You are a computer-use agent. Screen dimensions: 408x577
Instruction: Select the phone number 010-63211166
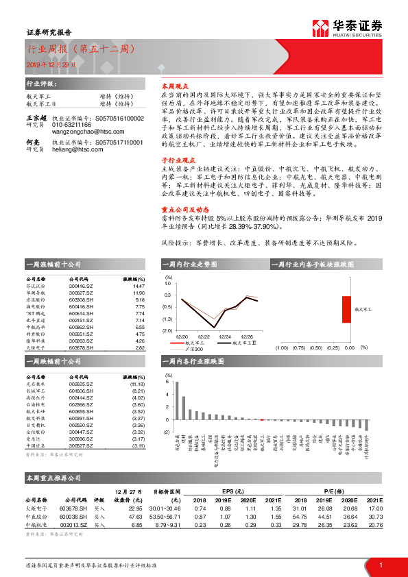(x=71, y=125)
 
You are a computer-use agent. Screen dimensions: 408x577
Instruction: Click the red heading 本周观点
(x=173, y=87)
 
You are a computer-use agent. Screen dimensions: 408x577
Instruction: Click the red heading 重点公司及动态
(x=181, y=210)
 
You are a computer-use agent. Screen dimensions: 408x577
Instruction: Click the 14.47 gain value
(x=139, y=285)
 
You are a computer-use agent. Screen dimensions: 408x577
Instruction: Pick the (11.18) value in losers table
(x=137, y=384)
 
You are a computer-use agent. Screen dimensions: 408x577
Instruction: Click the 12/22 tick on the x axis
(x=204, y=336)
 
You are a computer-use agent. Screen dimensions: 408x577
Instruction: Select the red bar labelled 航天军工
(x=347, y=308)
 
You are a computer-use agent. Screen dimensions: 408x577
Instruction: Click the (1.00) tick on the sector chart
(x=280, y=347)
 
